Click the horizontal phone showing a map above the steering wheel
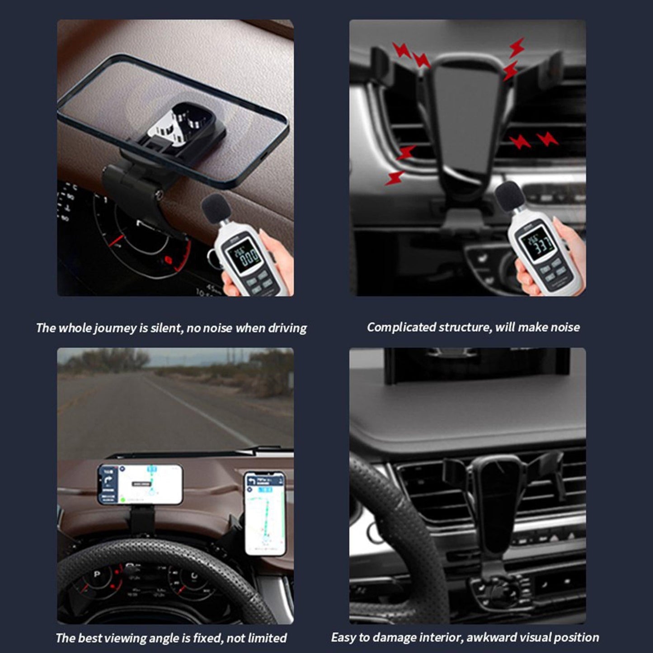tap(141, 484)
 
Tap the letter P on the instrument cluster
tap(96, 575)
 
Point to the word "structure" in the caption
tap(466, 327)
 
